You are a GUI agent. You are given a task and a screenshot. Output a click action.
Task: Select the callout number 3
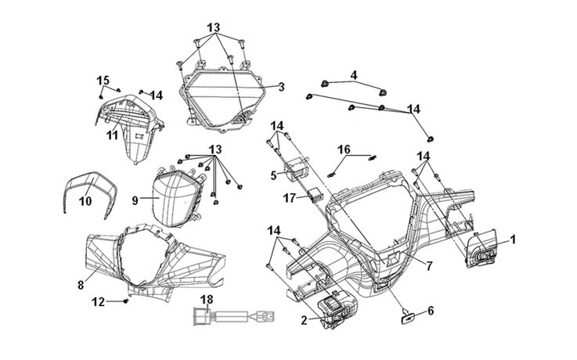[x=280, y=86]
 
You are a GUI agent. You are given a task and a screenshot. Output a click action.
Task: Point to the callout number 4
[x=353, y=75]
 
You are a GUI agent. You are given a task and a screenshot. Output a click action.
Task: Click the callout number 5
[x=273, y=175]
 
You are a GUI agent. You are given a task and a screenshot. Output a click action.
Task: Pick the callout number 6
[x=429, y=311]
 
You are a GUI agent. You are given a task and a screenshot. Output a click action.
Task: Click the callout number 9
[x=135, y=200]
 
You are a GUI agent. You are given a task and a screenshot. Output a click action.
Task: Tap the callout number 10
[x=85, y=202]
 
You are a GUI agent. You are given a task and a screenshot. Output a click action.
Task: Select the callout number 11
[x=113, y=135]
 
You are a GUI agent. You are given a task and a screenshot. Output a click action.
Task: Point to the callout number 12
[x=98, y=301]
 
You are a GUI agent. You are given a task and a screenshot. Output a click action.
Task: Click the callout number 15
[x=102, y=80]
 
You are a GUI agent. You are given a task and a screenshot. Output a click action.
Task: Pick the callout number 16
[x=344, y=149]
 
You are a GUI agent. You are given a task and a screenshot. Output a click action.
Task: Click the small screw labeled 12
[x=124, y=301]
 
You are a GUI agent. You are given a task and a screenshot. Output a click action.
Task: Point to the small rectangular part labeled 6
[x=406, y=316]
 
